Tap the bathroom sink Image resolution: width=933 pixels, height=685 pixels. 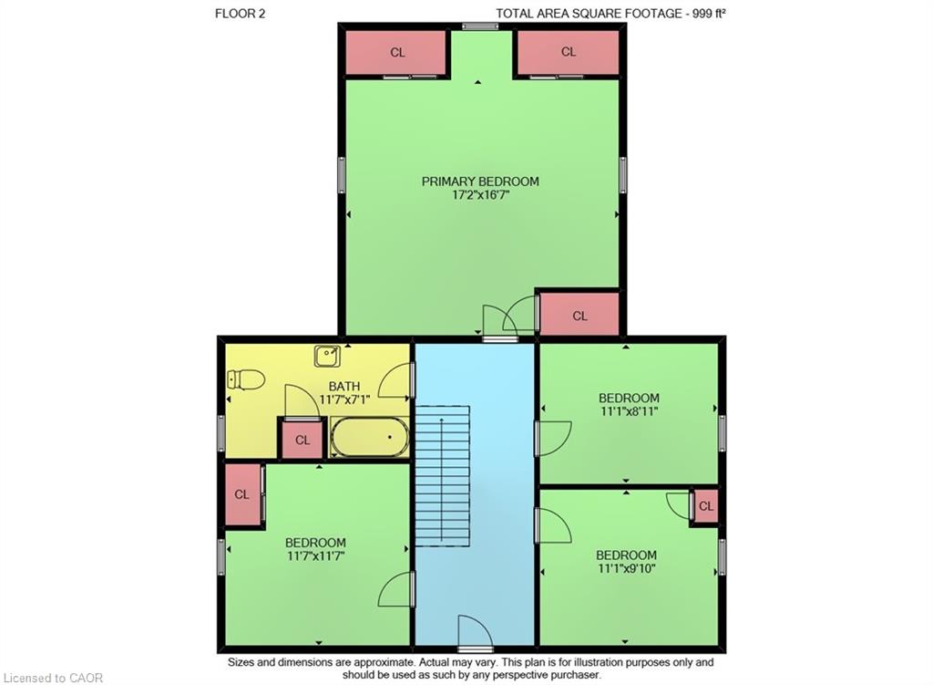pyautogui.click(x=327, y=357)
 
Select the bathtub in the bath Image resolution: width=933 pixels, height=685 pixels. pyautogui.click(x=370, y=437)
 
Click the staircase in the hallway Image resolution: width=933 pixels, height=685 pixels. pyautogui.click(x=442, y=475)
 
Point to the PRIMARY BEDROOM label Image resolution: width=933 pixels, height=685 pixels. pyautogui.click(x=480, y=182)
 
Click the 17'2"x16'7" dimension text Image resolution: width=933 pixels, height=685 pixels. pyautogui.click(x=481, y=195)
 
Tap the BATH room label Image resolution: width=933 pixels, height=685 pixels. pyautogui.click(x=343, y=387)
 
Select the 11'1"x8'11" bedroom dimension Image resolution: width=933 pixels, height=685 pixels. pyautogui.click(x=629, y=411)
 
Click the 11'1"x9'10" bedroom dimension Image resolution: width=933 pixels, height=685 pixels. pyautogui.click(x=627, y=568)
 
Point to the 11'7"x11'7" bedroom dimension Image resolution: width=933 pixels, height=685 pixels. pyautogui.click(x=315, y=555)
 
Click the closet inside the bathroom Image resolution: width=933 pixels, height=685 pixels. pyautogui.click(x=302, y=440)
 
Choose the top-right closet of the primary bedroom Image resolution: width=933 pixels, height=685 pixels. pyautogui.click(x=569, y=52)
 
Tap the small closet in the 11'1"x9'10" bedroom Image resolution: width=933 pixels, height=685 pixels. pyautogui.click(x=706, y=505)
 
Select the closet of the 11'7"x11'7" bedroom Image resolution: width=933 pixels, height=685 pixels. pyautogui.click(x=242, y=494)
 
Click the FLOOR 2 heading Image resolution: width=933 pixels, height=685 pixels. pyautogui.click(x=240, y=13)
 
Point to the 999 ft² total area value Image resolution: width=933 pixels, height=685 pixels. pyautogui.click(x=709, y=13)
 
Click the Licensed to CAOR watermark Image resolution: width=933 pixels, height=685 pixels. pyautogui.click(x=53, y=678)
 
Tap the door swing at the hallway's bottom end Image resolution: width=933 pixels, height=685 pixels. pyautogui.click(x=475, y=631)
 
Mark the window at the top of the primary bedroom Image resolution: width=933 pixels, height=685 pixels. pyautogui.click(x=480, y=26)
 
